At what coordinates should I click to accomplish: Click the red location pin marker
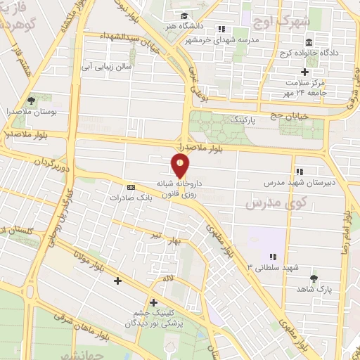181,165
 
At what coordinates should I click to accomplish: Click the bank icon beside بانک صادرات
131,187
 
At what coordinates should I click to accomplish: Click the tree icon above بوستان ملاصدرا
30,101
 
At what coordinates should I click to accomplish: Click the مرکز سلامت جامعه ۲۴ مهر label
309,87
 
